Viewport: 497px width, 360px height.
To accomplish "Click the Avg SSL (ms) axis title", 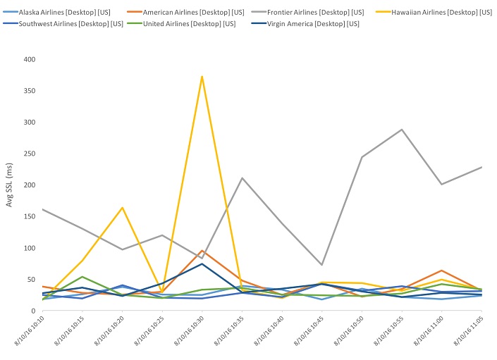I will pyautogui.click(x=9, y=185).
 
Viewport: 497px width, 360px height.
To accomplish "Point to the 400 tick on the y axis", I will pyautogui.click(x=28, y=59).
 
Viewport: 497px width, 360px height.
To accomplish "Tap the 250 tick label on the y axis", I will pyautogui.click(x=28, y=154).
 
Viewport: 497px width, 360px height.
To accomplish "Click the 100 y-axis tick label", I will pyautogui.click(x=28, y=248).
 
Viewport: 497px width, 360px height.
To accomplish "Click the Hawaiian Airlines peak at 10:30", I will pyautogui.click(x=202, y=76).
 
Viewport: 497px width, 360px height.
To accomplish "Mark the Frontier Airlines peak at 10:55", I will pyautogui.click(x=402, y=130).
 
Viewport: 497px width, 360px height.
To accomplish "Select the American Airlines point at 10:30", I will pyautogui.click(x=202, y=251).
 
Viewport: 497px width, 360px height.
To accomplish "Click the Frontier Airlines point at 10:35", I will pyautogui.click(x=243, y=178).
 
